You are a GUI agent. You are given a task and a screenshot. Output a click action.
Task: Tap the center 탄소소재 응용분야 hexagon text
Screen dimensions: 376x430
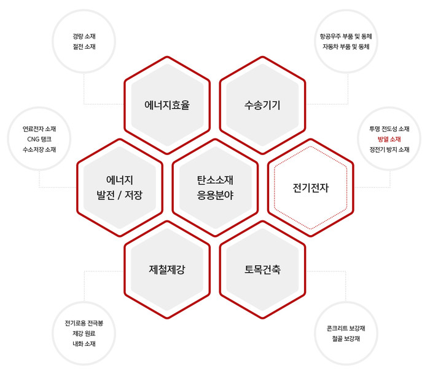point(215,188)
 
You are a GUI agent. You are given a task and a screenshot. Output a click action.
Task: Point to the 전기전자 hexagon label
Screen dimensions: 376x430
point(310,188)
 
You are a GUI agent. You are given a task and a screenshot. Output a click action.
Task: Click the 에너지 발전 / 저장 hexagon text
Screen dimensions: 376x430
point(120,188)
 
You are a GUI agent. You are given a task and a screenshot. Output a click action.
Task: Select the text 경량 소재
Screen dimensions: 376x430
point(84,36)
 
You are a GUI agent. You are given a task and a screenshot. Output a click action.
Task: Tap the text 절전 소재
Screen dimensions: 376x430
point(84,47)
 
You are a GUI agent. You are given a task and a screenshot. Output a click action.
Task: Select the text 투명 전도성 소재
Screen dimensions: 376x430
point(389,129)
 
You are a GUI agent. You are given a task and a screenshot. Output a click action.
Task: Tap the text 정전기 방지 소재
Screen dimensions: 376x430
point(389,150)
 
